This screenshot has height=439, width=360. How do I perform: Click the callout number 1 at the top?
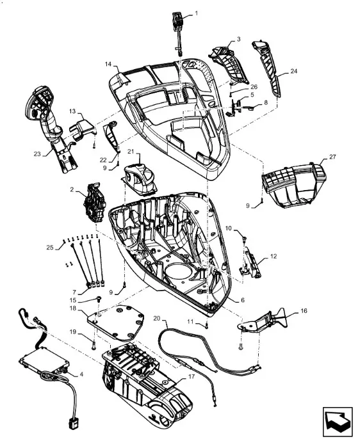(x=196, y=13)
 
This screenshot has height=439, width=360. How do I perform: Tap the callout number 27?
(x=332, y=157)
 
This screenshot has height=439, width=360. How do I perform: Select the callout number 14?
(x=108, y=65)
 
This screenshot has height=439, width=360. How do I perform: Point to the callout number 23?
(x=37, y=154)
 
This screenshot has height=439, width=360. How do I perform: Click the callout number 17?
(x=191, y=376)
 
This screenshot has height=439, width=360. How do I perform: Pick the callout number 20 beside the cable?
(x=157, y=318)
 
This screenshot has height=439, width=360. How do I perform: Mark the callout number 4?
(x=81, y=374)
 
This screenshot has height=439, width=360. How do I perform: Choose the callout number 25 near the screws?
(x=50, y=248)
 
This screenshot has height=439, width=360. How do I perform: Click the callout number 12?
(x=274, y=256)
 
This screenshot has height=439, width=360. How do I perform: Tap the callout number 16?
(x=304, y=311)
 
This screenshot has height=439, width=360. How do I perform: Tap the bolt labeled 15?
(x=99, y=299)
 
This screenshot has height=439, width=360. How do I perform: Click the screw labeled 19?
(x=94, y=347)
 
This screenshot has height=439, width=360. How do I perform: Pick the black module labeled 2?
(x=94, y=203)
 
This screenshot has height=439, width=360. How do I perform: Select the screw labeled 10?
(x=244, y=239)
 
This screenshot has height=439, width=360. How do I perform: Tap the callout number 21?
(x=131, y=152)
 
